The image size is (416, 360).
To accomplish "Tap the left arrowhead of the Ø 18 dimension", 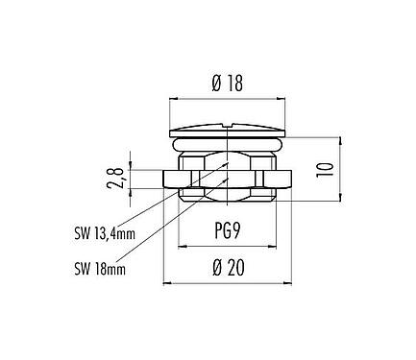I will click(x=172, y=97).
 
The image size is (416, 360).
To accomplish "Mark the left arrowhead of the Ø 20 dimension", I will click(x=165, y=284).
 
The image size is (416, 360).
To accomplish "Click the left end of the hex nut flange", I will click(x=164, y=178).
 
